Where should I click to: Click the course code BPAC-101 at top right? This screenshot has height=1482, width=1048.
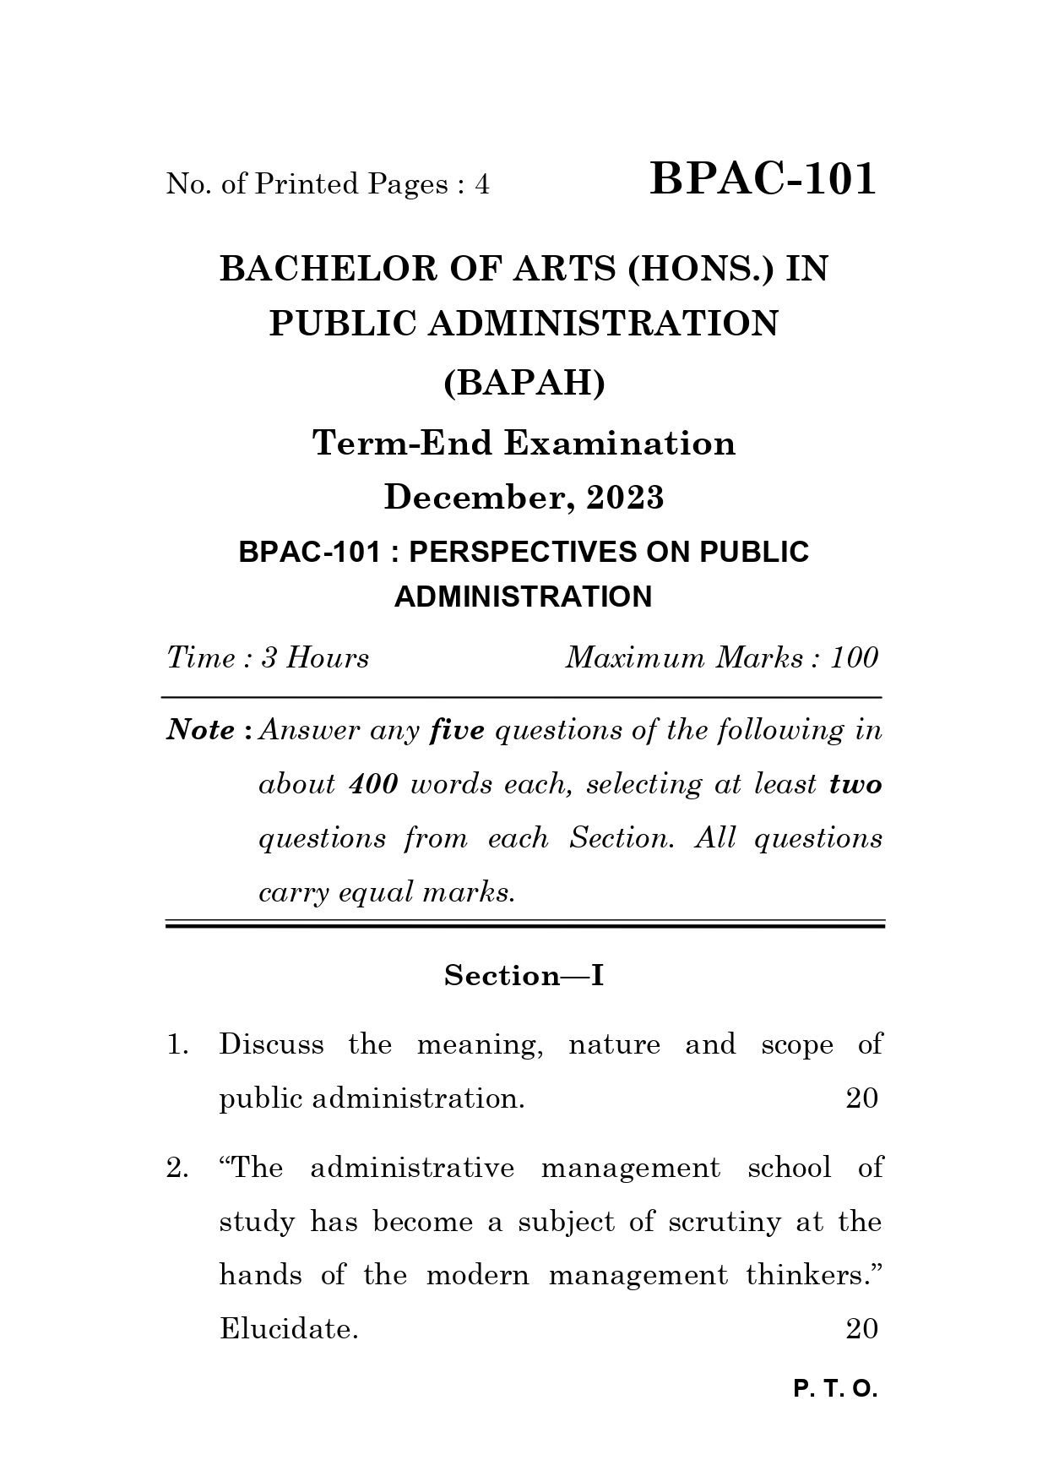tap(763, 179)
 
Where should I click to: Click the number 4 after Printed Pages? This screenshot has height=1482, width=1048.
tap(482, 184)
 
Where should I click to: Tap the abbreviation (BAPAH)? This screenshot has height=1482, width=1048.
tap(524, 384)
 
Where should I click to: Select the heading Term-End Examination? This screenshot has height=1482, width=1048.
tap(524, 443)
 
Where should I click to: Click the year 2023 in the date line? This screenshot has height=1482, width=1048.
tap(626, 498)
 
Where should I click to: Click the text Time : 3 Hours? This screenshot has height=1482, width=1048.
tap(268, 657)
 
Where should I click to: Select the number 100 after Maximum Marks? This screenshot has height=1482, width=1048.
tap(854, 657)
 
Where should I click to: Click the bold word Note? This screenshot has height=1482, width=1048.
tap(201, 730)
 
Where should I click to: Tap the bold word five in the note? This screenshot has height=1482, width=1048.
tap(457, 730)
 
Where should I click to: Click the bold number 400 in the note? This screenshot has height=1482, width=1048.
tap(372, 784)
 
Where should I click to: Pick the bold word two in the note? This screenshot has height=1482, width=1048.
tap(855, 784)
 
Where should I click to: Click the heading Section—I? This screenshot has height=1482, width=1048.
tap(524, 976)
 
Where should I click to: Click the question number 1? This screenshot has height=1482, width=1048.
tap(177, 1045)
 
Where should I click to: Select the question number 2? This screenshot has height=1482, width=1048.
tap(177, 1169)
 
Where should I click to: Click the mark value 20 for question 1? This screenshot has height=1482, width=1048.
tap(861, 1098)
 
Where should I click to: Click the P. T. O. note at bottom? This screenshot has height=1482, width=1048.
tap(835, 1389)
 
